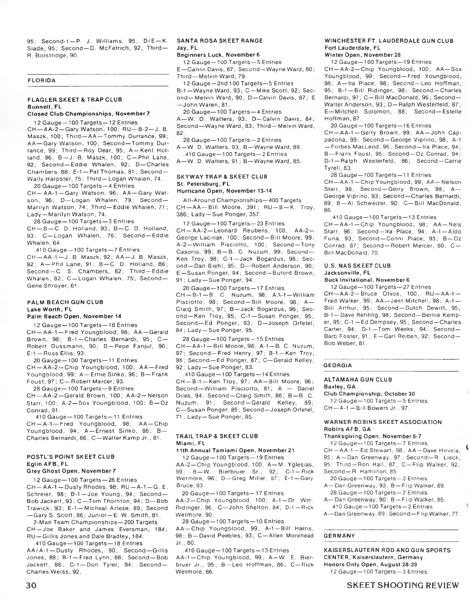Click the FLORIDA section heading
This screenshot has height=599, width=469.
[x=41, y=81]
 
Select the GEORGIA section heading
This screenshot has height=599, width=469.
[x=338, y=365]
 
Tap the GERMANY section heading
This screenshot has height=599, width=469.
[x=339, y=536]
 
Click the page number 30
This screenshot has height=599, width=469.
[x=32, y=585]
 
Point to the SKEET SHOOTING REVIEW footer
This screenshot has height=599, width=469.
[x=403, y=585]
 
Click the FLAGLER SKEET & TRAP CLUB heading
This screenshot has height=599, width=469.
[x=74, y=100]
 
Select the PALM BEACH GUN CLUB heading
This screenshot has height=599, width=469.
[x=65, y=302]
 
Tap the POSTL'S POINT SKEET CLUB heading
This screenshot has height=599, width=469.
[x=70, y=456]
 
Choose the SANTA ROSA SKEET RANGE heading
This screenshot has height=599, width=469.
[x=220, y=41]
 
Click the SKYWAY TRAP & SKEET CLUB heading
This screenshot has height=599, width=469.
[x=222, y=176]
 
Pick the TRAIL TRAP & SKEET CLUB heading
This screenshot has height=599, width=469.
[x=217, y=436]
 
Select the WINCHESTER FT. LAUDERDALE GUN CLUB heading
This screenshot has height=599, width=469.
[x=389, y=41]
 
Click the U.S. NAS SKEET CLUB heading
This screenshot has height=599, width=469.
[x=358, y=265]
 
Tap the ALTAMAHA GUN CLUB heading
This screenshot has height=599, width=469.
[x=358, y=379]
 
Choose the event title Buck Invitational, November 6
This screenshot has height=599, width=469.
[x=367, y=280]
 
